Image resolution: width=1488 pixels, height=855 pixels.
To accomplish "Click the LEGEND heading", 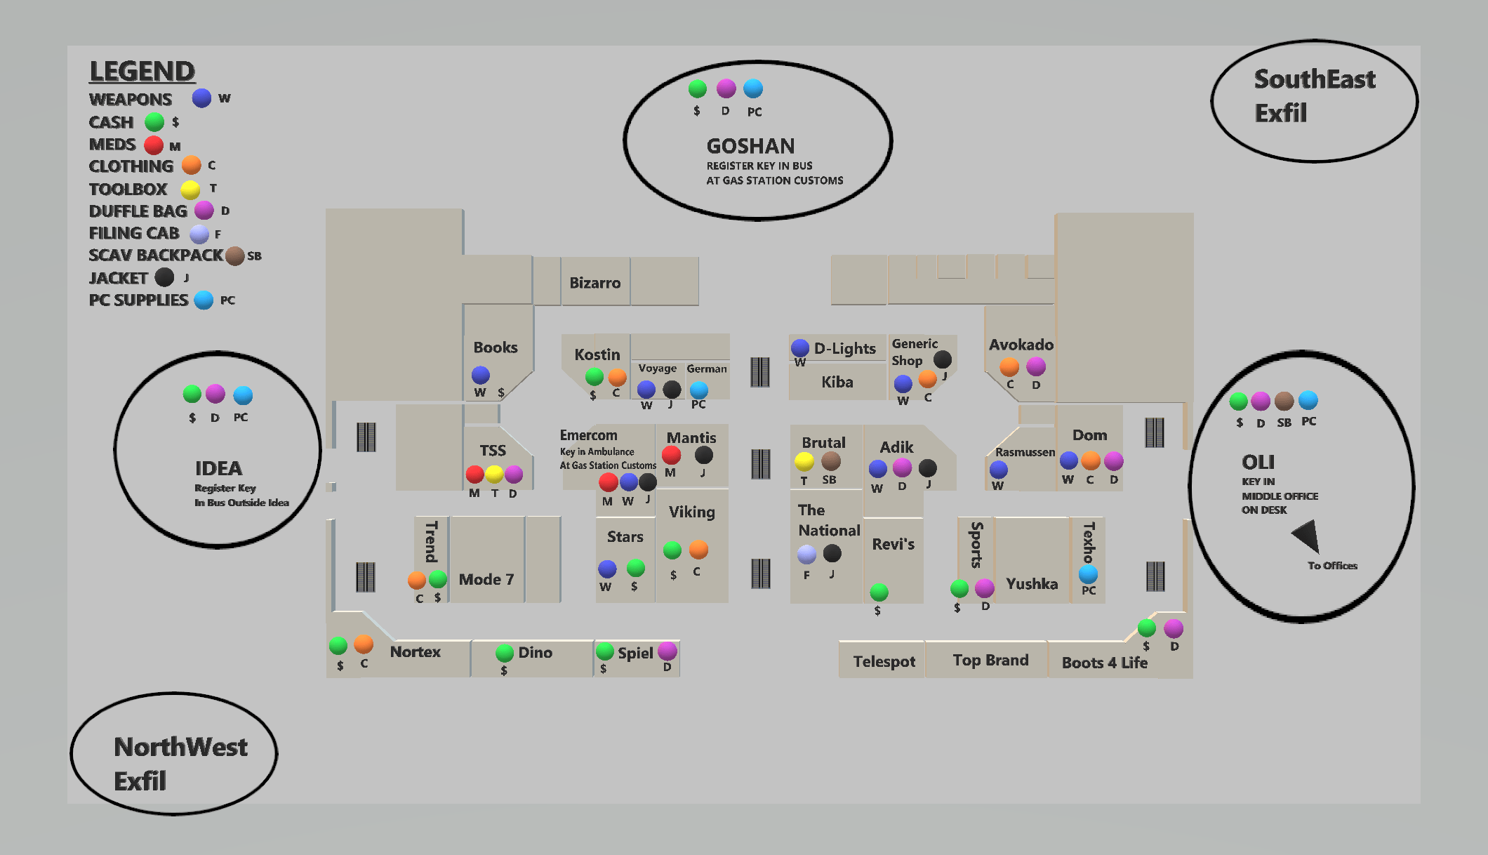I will [x=142, y=72].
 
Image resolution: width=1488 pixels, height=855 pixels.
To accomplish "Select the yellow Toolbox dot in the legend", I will [x=190, y=190].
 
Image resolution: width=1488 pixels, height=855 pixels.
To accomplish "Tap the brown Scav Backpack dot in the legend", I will [x=235, y=256].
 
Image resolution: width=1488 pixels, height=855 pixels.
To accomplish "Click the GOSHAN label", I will [x=750, y=146].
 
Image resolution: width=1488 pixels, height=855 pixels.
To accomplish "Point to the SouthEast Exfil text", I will [x=1314, y=96].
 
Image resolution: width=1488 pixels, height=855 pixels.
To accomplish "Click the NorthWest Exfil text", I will [x=180, y=764].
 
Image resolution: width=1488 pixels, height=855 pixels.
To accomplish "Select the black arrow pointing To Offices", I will [x=1307, y=536].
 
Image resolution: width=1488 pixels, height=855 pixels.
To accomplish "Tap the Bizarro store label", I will [x=594, y=283].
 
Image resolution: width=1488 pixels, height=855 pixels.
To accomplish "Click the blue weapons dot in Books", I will [x=481, y=375].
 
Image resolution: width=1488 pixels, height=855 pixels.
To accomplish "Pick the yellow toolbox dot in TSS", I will [x=494, y=475].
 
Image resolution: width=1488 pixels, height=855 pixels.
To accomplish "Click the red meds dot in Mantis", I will [x=672, y=455].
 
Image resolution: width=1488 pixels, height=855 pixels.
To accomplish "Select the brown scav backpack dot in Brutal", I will [x=831, y=461].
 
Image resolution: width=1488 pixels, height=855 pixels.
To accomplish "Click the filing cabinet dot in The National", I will [x=807, y=555].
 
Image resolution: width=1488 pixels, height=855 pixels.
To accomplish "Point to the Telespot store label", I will [x=884, y=661].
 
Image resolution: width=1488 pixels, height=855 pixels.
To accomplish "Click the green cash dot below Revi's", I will [x=879, y=592].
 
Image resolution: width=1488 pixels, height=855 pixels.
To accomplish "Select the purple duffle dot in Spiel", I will [x=667, y=651].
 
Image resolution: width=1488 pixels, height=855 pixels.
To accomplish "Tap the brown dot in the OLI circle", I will [x=1284, y=401].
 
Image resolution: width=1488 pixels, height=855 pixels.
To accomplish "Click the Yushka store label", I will [x=1031, y=583].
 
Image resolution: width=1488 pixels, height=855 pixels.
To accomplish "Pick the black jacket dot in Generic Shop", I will [x=943, y=359].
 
